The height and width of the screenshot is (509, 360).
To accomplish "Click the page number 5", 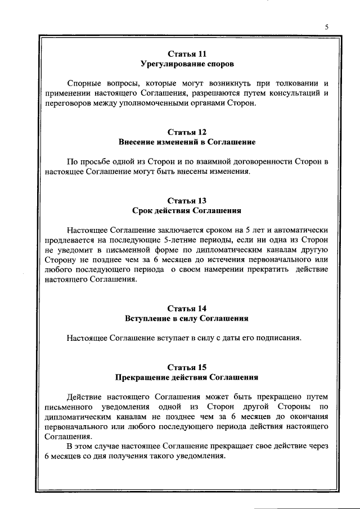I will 326,26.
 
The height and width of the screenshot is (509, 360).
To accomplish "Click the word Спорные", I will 84,83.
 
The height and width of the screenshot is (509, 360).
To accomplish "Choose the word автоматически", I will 297,230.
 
